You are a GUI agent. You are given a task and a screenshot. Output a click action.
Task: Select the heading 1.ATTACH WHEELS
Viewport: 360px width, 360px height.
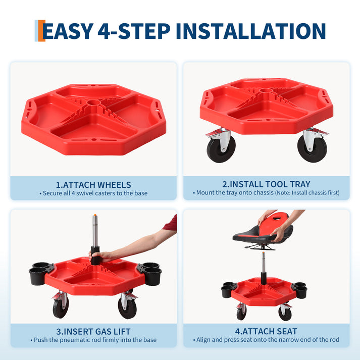(93, 185)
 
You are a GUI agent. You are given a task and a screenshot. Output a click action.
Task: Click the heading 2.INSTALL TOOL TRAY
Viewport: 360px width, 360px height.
(266, 184)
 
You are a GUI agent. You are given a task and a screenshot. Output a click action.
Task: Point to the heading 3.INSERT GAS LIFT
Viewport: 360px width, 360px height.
(93, 332)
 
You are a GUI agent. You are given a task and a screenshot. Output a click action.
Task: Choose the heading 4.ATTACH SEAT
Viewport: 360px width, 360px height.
(266, 332)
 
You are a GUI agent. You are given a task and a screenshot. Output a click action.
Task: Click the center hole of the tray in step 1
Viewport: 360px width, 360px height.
(93, 104)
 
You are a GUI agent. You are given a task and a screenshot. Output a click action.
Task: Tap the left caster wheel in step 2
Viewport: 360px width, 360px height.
(221, 147)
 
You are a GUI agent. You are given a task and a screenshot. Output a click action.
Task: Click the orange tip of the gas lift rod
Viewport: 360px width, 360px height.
(94, 216)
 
